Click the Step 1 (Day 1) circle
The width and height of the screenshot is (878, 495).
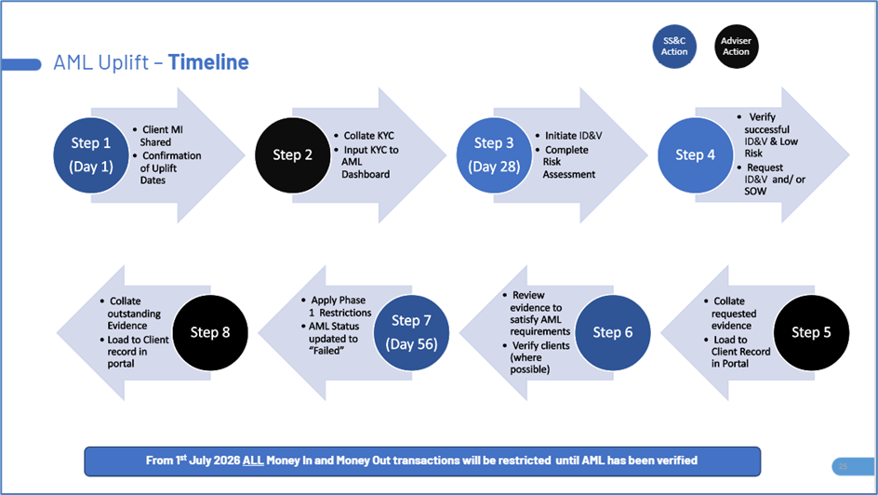91,155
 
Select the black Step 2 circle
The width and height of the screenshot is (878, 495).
292,155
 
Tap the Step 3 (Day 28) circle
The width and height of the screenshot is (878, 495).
494,155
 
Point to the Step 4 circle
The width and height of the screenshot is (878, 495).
695,155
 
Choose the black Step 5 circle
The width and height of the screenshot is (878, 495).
811,332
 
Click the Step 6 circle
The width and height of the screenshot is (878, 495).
613,332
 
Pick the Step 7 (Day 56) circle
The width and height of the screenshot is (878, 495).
411,332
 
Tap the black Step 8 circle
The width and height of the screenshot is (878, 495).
210,332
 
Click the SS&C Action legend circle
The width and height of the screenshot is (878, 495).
674,47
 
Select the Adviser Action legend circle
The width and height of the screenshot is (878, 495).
736,47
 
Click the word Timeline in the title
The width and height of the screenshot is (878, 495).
208,62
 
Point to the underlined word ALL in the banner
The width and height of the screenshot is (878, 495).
253,461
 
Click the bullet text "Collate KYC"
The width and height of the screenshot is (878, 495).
368,136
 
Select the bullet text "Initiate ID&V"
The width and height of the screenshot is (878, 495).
573,136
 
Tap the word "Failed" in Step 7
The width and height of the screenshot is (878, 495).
326,351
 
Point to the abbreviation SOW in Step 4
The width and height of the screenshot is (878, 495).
755,191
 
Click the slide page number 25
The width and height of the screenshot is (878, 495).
843,466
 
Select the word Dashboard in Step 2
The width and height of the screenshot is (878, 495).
366,174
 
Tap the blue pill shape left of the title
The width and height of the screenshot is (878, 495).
21,64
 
